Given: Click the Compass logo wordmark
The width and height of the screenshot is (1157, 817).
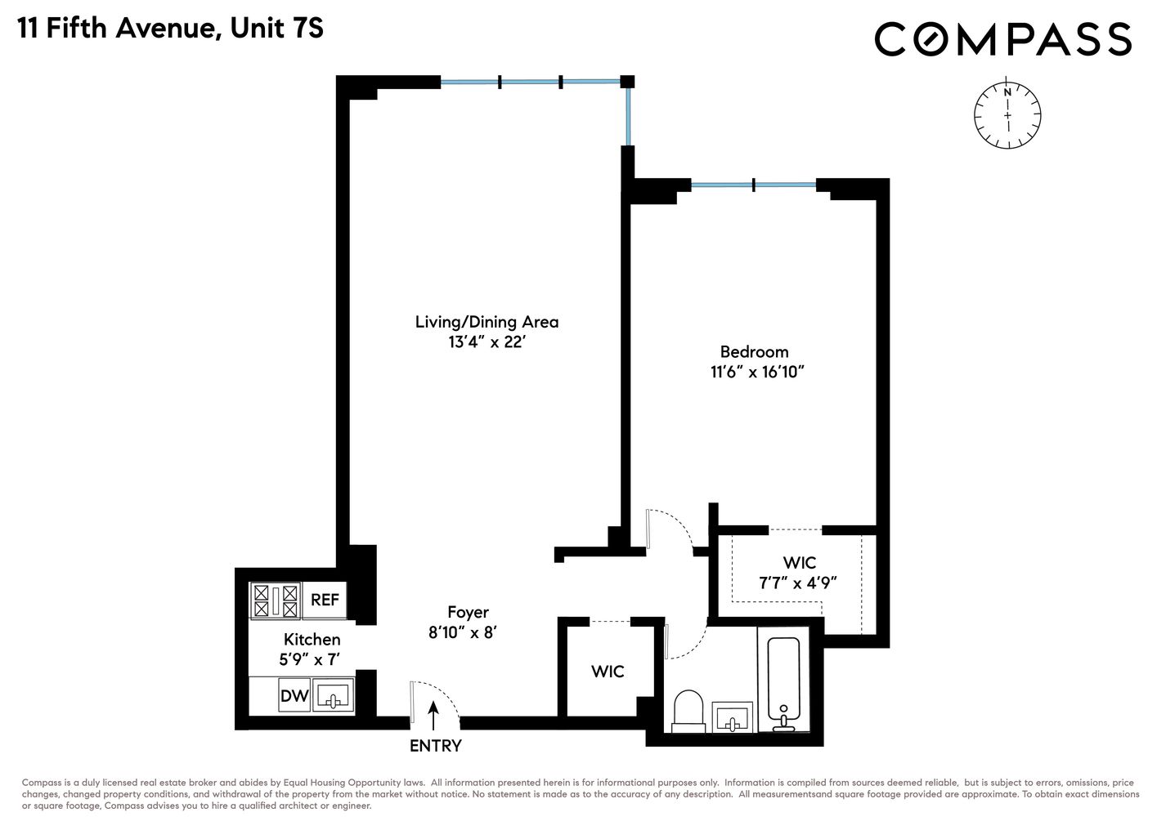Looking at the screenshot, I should (x=1002, y=39).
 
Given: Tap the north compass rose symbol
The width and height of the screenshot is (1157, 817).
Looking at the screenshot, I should (x=1007, y=115).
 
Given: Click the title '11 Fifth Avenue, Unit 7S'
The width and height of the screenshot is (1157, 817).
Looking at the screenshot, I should (x=171, y=29).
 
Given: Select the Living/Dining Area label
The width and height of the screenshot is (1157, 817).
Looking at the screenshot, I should (x=487, y=322).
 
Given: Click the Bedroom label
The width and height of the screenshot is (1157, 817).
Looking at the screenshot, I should (x=754, y=352).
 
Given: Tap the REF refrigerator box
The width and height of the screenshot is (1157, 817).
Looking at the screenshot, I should (x=325, y=600).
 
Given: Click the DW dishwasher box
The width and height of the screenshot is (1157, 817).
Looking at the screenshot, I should (x=294, y=696).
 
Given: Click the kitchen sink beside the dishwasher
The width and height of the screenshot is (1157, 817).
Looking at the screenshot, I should (x=333, y=697).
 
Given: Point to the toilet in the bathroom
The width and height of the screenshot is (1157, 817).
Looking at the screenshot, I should (x=688, y=710).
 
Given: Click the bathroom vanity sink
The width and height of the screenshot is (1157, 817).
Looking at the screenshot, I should (x=732, y=717).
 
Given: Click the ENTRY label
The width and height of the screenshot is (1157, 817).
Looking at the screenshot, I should (x=435, y=746).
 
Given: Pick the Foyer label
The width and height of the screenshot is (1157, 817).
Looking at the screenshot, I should (x=468, y=612).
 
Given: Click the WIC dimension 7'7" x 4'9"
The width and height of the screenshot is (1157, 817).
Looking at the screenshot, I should (x=798, y=583).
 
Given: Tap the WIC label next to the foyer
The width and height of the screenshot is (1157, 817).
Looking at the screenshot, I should (x=608, y=672).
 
